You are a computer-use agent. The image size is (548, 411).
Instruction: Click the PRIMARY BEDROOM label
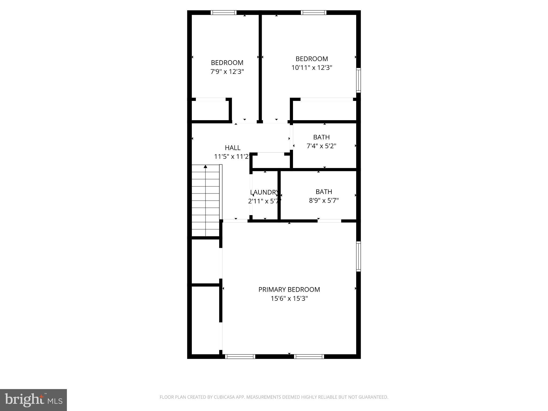pos(289,290)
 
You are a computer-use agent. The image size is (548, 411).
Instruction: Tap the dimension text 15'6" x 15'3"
pos(289,299)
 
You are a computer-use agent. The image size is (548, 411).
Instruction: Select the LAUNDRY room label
pos(264,192)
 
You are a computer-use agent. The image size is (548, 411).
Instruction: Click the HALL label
pos(233,148)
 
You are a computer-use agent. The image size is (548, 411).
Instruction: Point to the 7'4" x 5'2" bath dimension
pos(321,146)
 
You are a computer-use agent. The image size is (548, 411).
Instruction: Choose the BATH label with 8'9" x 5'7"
pos(324,192)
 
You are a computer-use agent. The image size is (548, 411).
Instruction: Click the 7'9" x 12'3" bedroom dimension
pos(227,72)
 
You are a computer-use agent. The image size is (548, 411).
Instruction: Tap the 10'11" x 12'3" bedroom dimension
pos(312,68)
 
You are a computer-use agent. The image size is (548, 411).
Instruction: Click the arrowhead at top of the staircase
pos(205,167)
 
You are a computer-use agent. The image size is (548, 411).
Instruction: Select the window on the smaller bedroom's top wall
pos(223,12)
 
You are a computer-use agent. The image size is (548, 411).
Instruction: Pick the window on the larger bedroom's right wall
pos(358,80)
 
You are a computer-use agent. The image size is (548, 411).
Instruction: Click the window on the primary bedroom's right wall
pos(358,256)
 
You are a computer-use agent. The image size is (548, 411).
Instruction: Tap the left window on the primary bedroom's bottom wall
pos(240,356)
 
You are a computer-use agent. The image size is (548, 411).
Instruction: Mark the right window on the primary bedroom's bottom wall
pos(309,356)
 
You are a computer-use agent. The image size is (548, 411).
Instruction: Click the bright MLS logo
pos(33,400)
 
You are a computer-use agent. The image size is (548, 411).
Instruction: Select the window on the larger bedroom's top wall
pos(313,12)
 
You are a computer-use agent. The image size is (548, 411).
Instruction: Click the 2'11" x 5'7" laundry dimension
pos(264,201)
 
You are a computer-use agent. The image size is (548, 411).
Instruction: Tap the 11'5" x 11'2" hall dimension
pos(232,157)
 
